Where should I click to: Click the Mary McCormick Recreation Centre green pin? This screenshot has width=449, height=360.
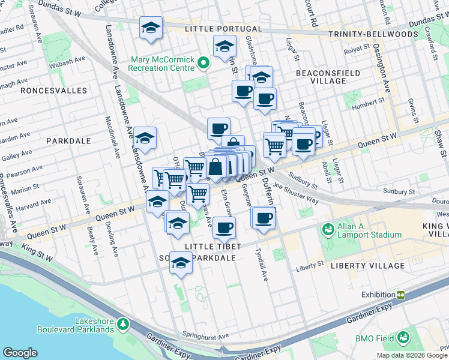pos(203,62)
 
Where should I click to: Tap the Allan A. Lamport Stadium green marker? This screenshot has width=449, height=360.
pos(328,229)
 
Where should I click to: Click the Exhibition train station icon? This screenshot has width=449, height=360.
pos(400,295)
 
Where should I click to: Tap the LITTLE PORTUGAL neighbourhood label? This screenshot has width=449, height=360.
pos(223,29)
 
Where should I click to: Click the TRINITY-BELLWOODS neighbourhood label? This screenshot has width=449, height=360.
pos(373,34)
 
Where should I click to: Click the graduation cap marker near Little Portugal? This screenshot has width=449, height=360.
pos(151,28)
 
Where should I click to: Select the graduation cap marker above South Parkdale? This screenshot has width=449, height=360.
pos(181,263)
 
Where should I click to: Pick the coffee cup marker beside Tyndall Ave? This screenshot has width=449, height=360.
pos(264,218)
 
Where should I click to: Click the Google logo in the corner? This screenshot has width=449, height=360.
pos(20,353)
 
